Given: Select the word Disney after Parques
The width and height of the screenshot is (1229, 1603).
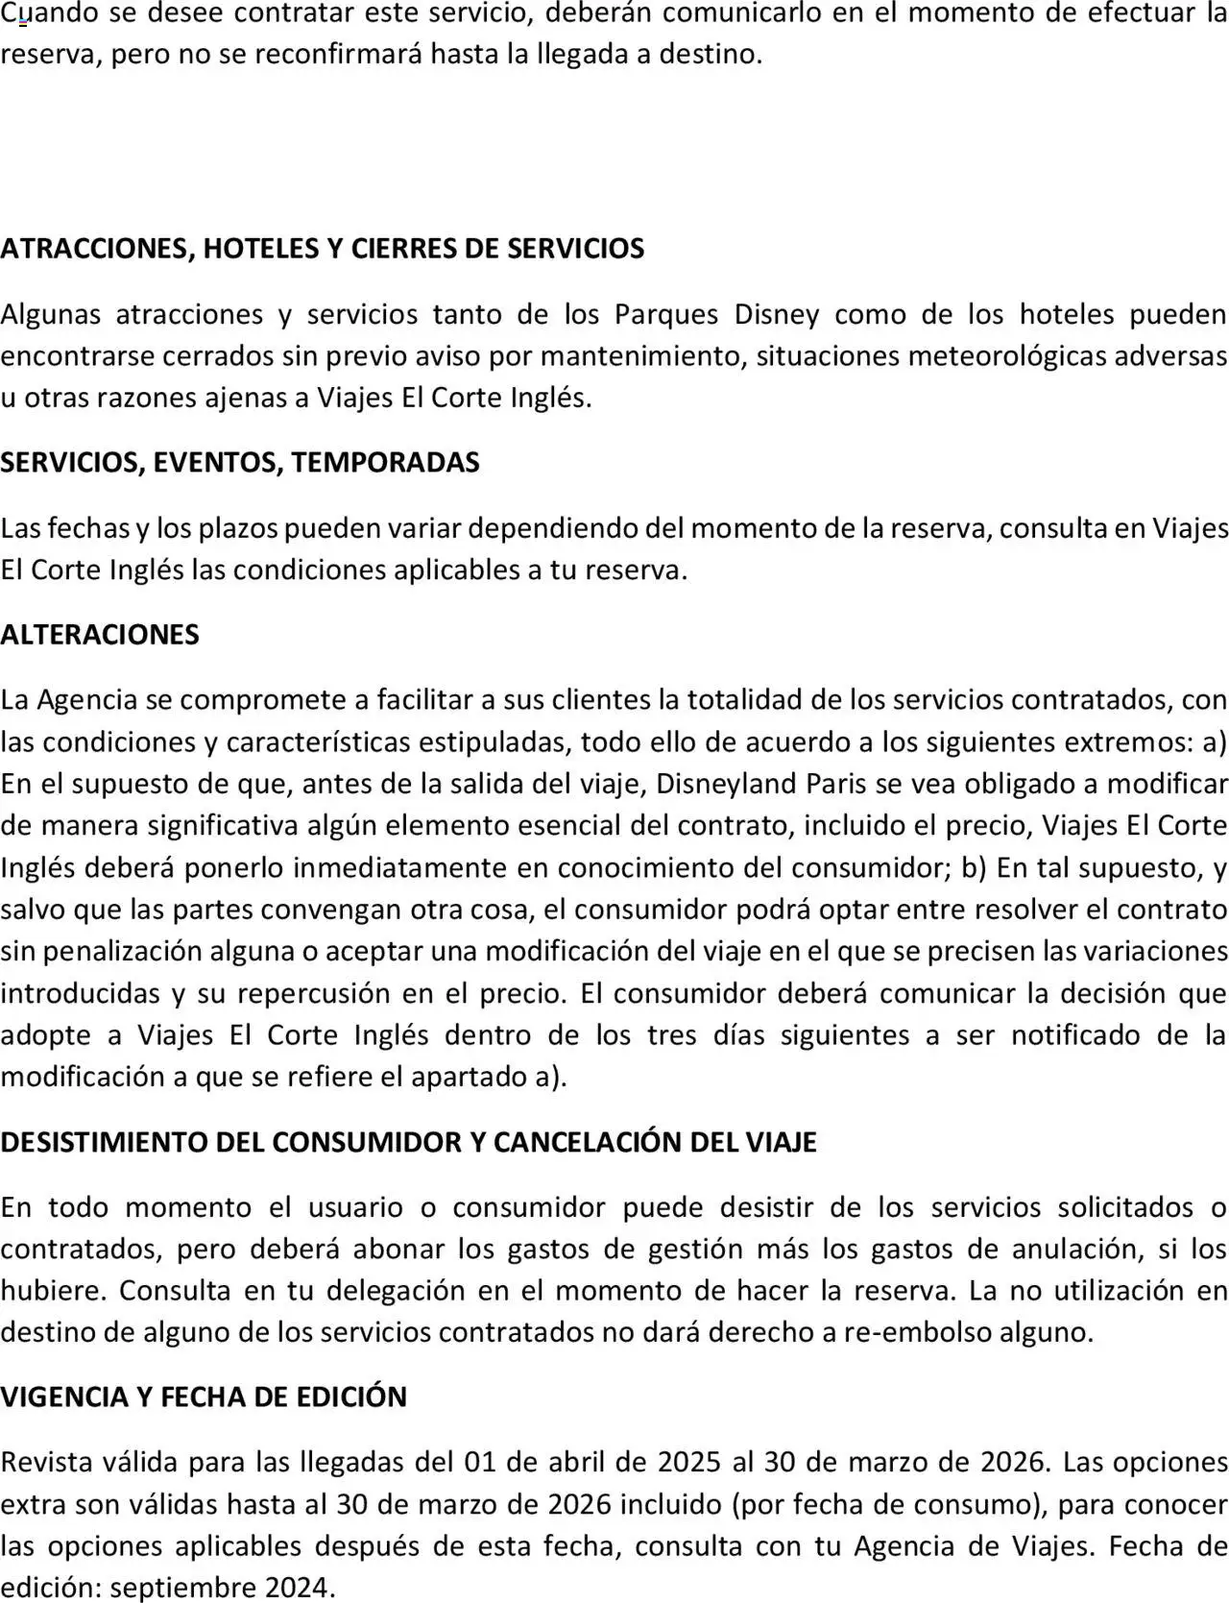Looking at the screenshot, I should tap(777, 314).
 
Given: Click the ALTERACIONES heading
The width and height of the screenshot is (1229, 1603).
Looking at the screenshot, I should tap(100, 635).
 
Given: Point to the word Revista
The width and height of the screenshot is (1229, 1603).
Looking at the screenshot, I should tap(48, 1462).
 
